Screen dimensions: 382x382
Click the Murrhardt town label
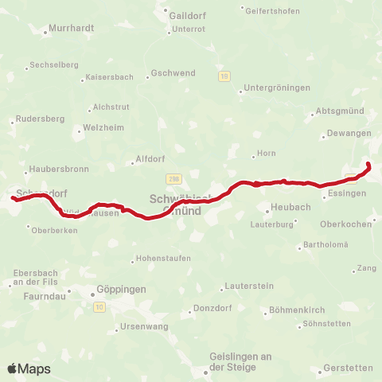(x=72, y=28)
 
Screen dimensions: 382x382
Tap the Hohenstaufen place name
(x=164, y=259)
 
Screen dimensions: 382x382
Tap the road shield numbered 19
(x=225, y=76)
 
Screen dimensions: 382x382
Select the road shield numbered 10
(x=99, y=306)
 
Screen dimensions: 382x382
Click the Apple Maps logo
(x=29, y=368)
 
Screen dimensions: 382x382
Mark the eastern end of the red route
(x=368, y=164)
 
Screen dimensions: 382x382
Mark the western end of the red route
(x=14, y=197)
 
